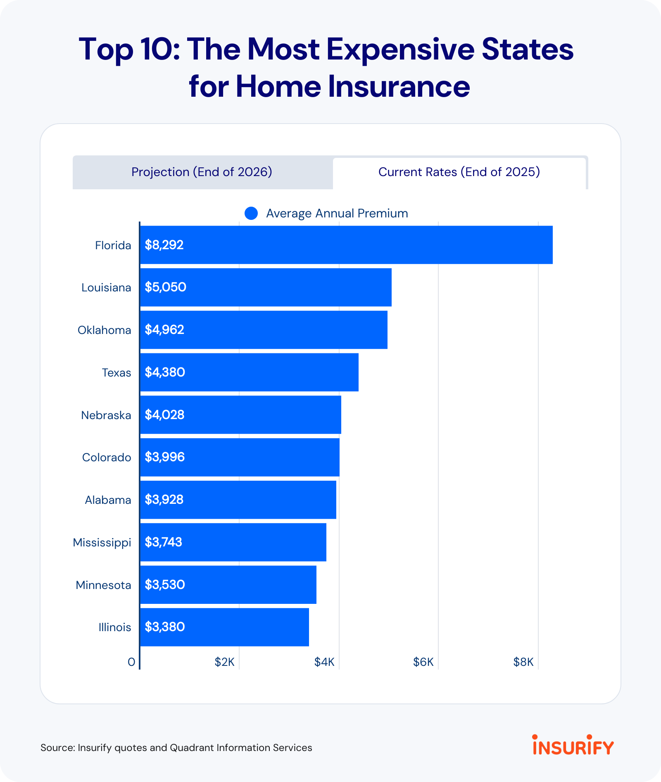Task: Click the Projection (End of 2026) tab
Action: [x=202, y=172]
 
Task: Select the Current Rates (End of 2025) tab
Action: [x=459, y=172]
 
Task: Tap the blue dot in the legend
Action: [x=251, y=213]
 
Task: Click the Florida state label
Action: [x=113, y=246]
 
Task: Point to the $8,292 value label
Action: [x=164, y=245]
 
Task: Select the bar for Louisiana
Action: [x=265, y=287]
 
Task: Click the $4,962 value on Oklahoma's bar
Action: [x=164, y=330]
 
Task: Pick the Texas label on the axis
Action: [x=116, y=373]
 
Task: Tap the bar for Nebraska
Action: [x=240, y=415]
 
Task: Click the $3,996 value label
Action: [x=164, y=457]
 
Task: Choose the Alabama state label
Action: [x=108, y=500]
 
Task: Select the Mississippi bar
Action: [x=233, y=542]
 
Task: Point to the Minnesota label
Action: [x=103, y=585]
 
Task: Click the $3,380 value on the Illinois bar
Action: [x=164, y=627]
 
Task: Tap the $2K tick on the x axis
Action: [x=224, y=663]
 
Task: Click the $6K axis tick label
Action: [x=423, y=663]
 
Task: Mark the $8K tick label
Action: [x=523, y=663]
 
